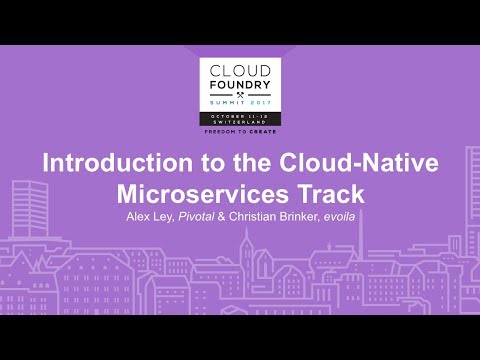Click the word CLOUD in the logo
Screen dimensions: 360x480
point(240,70)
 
